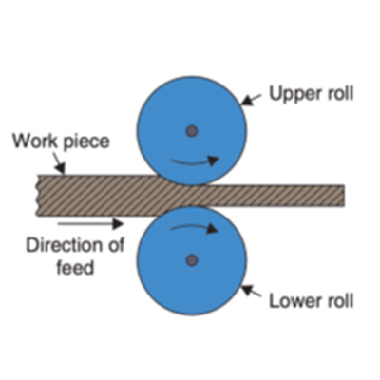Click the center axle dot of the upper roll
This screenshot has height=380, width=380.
192,131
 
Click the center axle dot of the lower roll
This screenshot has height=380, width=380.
192,260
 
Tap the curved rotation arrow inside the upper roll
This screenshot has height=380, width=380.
195,161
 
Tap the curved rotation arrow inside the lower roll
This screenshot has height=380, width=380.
194,227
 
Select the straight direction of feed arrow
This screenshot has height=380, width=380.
90,224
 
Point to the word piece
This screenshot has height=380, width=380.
86,142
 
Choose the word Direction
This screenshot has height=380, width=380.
63,246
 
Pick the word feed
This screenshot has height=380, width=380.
75,267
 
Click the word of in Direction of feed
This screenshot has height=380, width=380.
115,246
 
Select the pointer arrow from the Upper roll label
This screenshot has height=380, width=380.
252,100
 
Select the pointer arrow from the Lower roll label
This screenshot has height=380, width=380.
252,291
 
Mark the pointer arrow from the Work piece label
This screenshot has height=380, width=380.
59,163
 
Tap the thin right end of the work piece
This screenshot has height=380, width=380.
343,196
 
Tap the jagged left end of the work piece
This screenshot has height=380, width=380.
39,196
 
